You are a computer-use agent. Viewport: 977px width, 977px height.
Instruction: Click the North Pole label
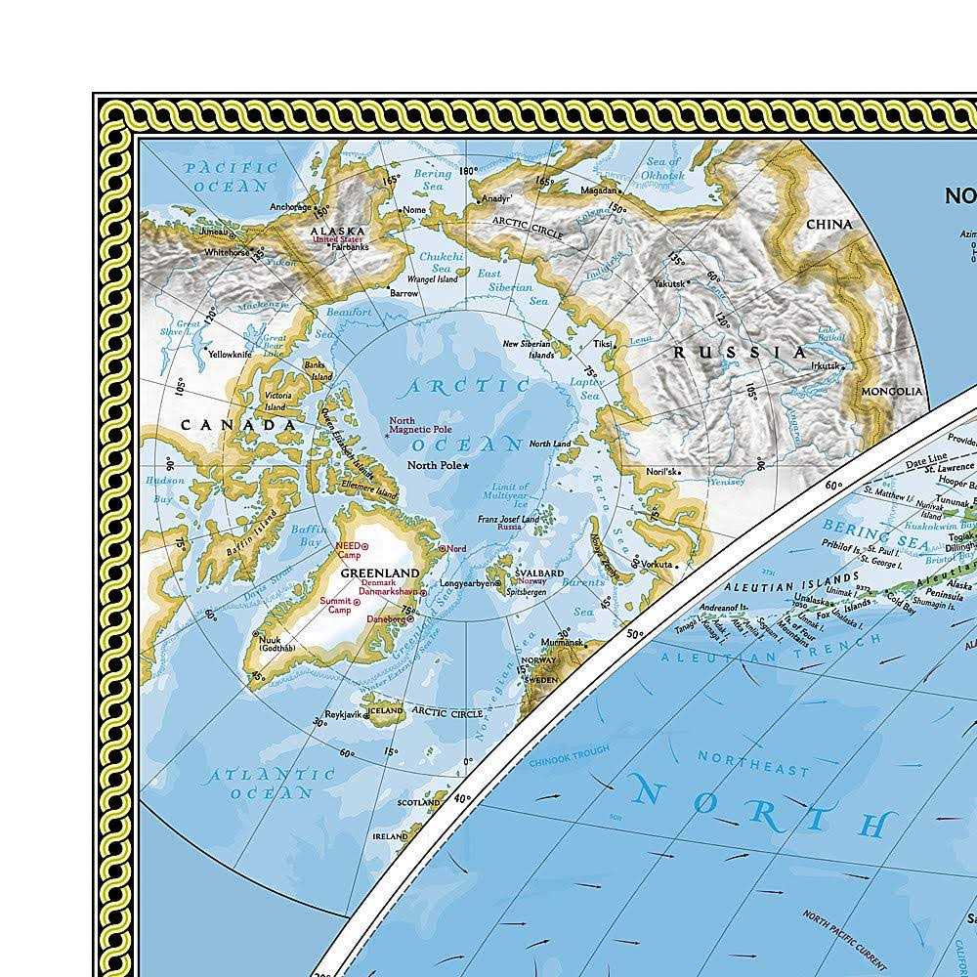click(x=434, y=465)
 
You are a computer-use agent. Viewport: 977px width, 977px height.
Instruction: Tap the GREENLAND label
click(x=379, y=573)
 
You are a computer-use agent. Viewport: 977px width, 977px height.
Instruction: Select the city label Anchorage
click(x=291, y=207)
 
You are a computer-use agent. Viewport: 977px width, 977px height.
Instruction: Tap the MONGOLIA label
click(x=891, y=392)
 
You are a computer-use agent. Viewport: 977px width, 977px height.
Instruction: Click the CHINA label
click(x=828, y=224)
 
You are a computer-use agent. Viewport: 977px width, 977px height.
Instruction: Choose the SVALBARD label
click(x=539, y=573)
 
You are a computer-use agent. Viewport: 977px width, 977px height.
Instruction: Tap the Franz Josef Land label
click(x=508, y=520)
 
